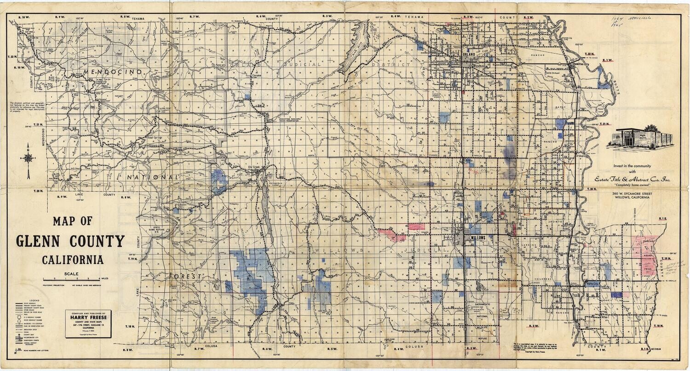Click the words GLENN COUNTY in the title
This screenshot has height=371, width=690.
coord(70,241)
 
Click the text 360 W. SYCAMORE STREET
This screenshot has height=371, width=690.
coord(637,194)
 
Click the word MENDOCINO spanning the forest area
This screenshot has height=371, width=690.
coord(112,73)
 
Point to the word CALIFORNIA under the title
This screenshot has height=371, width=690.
coord(73,260)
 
